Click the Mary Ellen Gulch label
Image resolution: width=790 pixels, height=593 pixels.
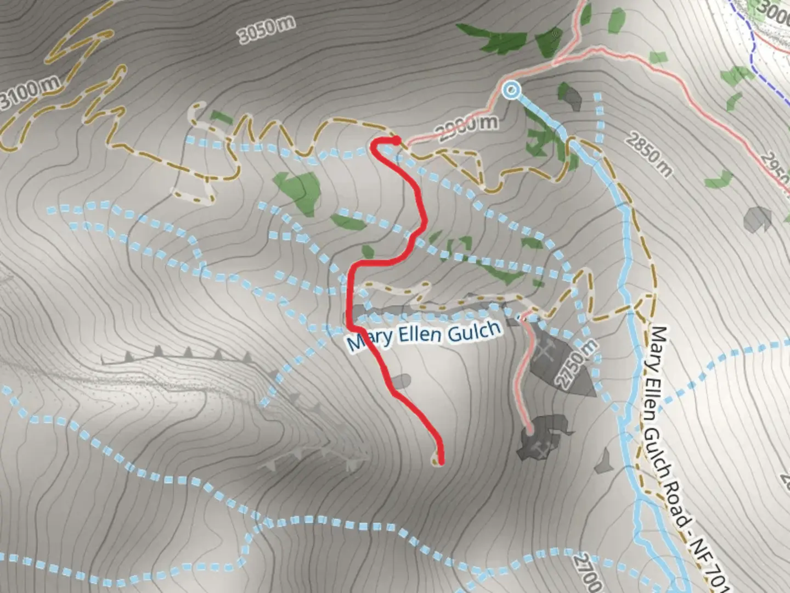(424, 334)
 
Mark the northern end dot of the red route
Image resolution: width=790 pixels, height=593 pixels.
(396, 141)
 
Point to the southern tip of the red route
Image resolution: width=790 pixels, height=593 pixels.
(439, 462)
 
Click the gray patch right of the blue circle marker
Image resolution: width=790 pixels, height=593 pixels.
(572, 97)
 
